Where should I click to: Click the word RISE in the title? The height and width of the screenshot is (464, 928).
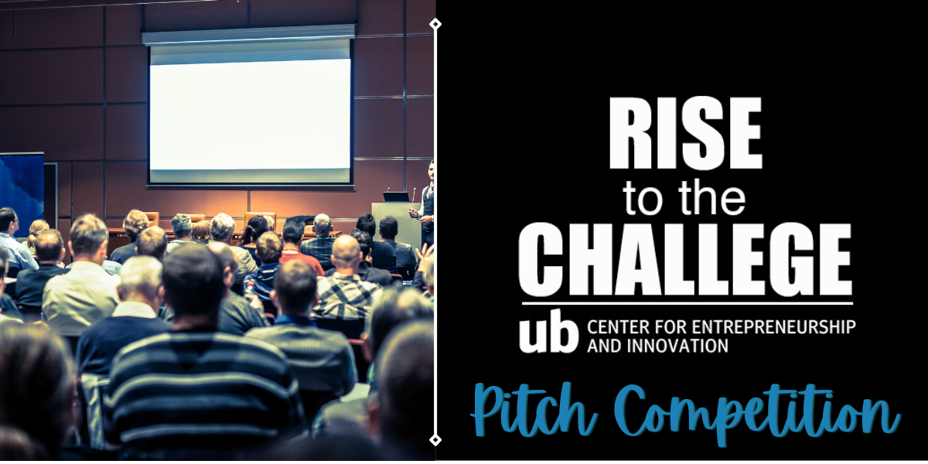pos(685,132)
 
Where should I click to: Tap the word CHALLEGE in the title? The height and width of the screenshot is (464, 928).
pos(685,259)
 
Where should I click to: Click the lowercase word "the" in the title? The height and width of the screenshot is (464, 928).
pos(711,197)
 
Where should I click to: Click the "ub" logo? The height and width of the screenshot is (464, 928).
pos(548,332)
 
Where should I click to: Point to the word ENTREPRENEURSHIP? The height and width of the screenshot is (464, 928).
pos(773,327)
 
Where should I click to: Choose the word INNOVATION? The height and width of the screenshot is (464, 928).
pos(677,346)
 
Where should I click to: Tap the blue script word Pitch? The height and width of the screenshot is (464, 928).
pos(534,410)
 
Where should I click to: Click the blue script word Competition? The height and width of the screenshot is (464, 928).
pos(757,414)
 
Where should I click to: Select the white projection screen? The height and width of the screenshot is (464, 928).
pos(250,114)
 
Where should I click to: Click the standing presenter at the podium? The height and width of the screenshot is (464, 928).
pos(425,203)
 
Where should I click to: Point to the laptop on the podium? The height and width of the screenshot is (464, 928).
pos(395,196)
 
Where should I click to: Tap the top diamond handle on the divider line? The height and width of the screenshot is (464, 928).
pos(435,24)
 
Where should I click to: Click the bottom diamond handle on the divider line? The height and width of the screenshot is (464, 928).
pos(435,439)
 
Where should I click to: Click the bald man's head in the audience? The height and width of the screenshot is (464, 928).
pos(346,252)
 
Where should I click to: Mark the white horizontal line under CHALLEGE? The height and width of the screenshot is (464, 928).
pos(687,304)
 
